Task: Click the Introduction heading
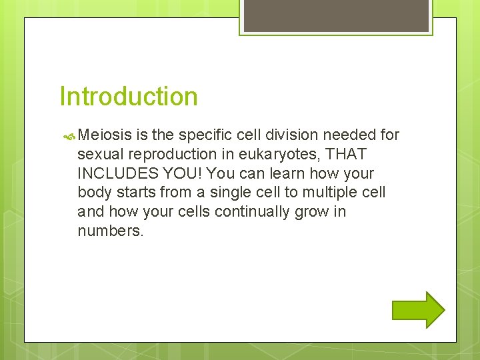click(129, 96)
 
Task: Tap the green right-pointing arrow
click(418, 310)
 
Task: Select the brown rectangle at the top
click(335, 15)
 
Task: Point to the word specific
click(202, 135)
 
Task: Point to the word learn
click(282, 173)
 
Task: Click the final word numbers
click(110, 231)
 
